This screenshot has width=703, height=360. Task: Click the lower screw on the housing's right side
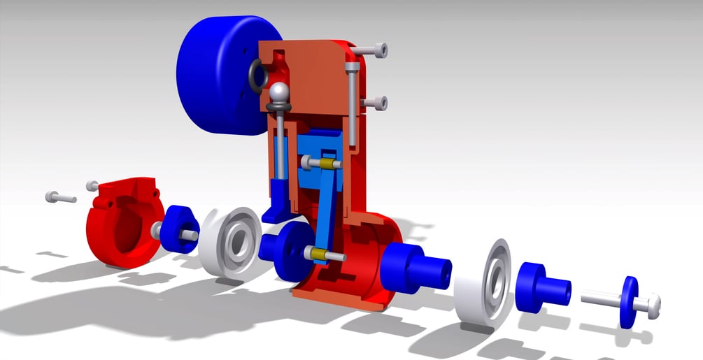(x=374, y=103)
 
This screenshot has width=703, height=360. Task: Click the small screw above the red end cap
(x=92, y=185)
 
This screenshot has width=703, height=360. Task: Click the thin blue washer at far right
(x=627, y=302)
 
